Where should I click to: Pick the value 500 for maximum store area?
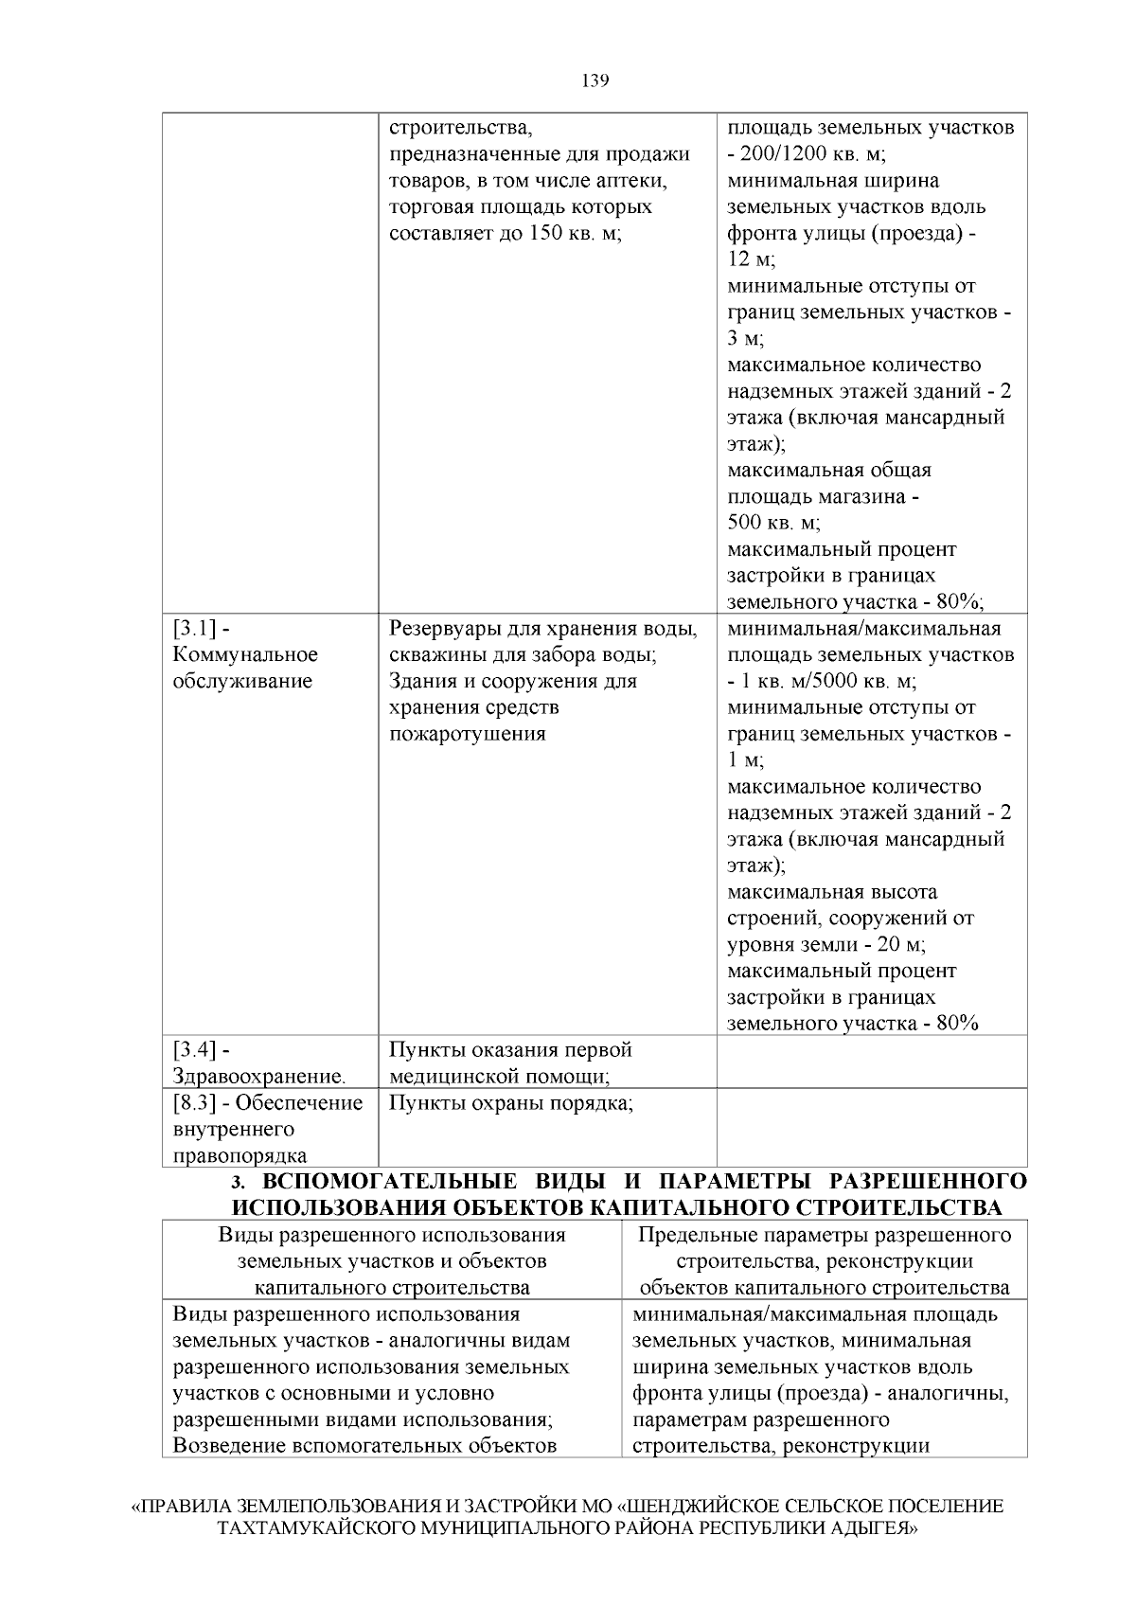(x=746, y=523)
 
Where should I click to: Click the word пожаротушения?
(x=468, y=735)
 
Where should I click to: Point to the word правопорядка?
(x=240, y=1156)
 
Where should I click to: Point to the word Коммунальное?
(x=245, y=655)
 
